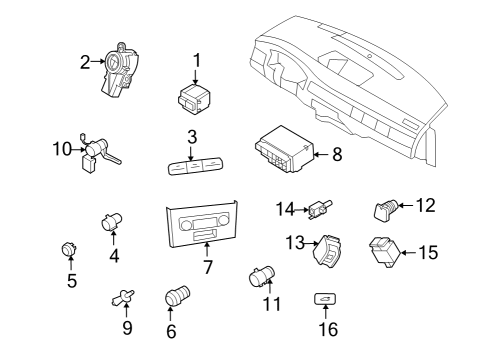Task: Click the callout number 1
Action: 197,60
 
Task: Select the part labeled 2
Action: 120,70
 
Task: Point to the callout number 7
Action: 207,267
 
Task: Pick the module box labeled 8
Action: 285,149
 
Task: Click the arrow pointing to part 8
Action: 321,154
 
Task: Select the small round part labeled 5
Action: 69,249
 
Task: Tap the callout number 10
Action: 62,149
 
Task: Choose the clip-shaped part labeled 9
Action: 123,297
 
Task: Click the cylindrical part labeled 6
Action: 178,295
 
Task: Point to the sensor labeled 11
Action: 262,276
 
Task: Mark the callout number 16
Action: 328,329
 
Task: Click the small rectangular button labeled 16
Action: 325,299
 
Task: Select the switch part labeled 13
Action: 327,250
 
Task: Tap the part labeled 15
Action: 385,252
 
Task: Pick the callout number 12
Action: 425,205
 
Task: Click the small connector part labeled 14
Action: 321,209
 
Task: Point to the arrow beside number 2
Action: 98,61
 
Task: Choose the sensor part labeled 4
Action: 112,221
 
